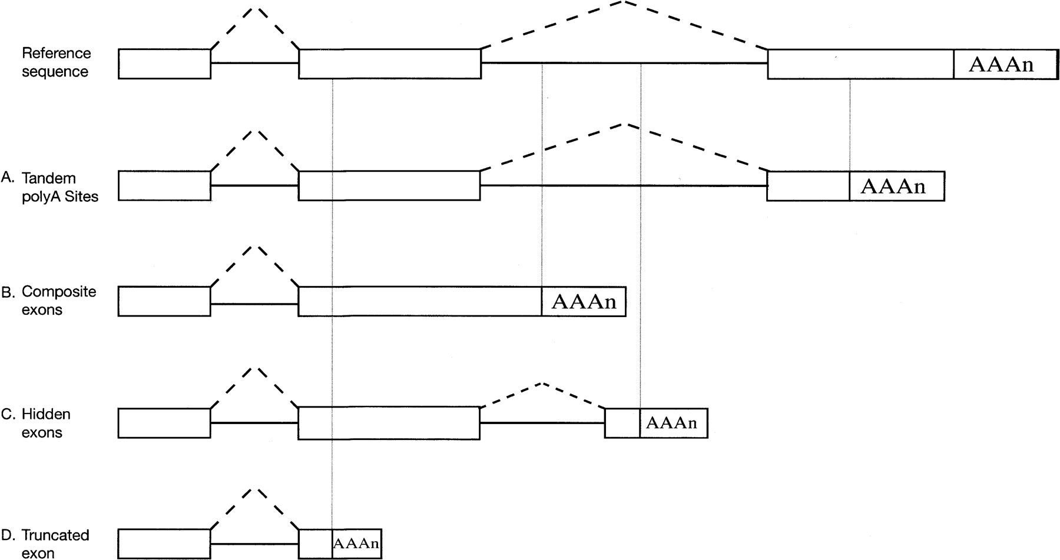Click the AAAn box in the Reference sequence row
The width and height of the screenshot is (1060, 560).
[x=1005, y=64]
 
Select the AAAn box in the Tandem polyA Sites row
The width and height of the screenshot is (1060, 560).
[x=896, y=186]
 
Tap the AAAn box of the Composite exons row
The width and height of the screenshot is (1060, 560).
[x=583, y=302]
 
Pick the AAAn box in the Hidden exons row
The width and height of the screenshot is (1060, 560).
[x=673, y=423]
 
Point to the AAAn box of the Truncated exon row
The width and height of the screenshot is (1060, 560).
[x=356, y=544]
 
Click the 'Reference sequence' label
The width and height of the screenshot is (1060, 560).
[x=57, y=62]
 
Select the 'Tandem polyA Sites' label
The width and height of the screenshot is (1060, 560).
[x=59, y=187]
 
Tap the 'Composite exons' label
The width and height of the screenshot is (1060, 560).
[x=58, y=301]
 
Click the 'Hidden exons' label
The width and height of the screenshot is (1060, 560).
[x=46, y=423]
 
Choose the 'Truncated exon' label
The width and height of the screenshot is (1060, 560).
[x=55, y=544]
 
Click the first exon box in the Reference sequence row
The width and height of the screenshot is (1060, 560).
[x=164, y=64]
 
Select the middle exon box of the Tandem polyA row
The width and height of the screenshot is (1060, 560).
[x=389, y=186]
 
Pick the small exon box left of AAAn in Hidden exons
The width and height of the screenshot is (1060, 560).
[x=622, y=423]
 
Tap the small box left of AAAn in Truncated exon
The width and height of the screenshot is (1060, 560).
[x=316, y=544]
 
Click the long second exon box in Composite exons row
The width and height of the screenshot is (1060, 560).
[x=419, y=302]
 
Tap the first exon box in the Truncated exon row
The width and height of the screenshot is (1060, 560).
[x=164, y=544]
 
